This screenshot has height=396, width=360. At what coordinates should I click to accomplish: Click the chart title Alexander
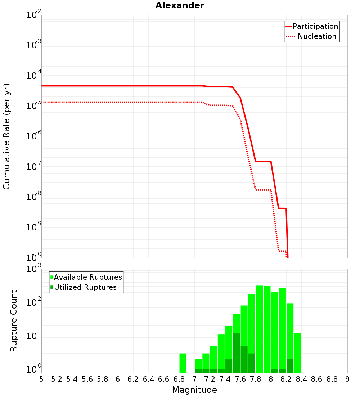tap(180, 5)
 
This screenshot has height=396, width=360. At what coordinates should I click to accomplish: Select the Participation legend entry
tap(315, 26)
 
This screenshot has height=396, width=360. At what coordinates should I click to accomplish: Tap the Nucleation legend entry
tap(317, 36)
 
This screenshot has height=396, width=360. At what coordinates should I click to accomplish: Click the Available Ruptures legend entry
tap(88, 277)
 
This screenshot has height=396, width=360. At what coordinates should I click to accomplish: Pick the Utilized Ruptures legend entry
tap(85, 287)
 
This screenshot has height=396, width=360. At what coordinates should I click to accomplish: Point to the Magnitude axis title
tap(194, 390)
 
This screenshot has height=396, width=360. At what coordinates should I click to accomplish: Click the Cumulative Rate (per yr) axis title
tap(6, 136)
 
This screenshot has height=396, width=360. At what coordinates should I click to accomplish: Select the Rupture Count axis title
tap(14, 321)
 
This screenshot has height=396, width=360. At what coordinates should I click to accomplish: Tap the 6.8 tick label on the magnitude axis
tap(179, 379)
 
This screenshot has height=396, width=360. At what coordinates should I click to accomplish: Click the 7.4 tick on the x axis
tap(225, 379)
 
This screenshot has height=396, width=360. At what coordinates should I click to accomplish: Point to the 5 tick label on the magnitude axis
tap(41, 379)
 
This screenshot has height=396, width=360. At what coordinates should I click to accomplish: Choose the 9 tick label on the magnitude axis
tap(347, 379)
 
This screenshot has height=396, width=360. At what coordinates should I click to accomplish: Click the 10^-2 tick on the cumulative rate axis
tap(34, 15)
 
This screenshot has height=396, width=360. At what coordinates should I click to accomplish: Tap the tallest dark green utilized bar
tap(237, 353)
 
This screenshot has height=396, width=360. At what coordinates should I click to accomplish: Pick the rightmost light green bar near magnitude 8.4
tap(298, 353)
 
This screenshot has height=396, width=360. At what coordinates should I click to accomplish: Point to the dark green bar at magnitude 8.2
tap(290, 366)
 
